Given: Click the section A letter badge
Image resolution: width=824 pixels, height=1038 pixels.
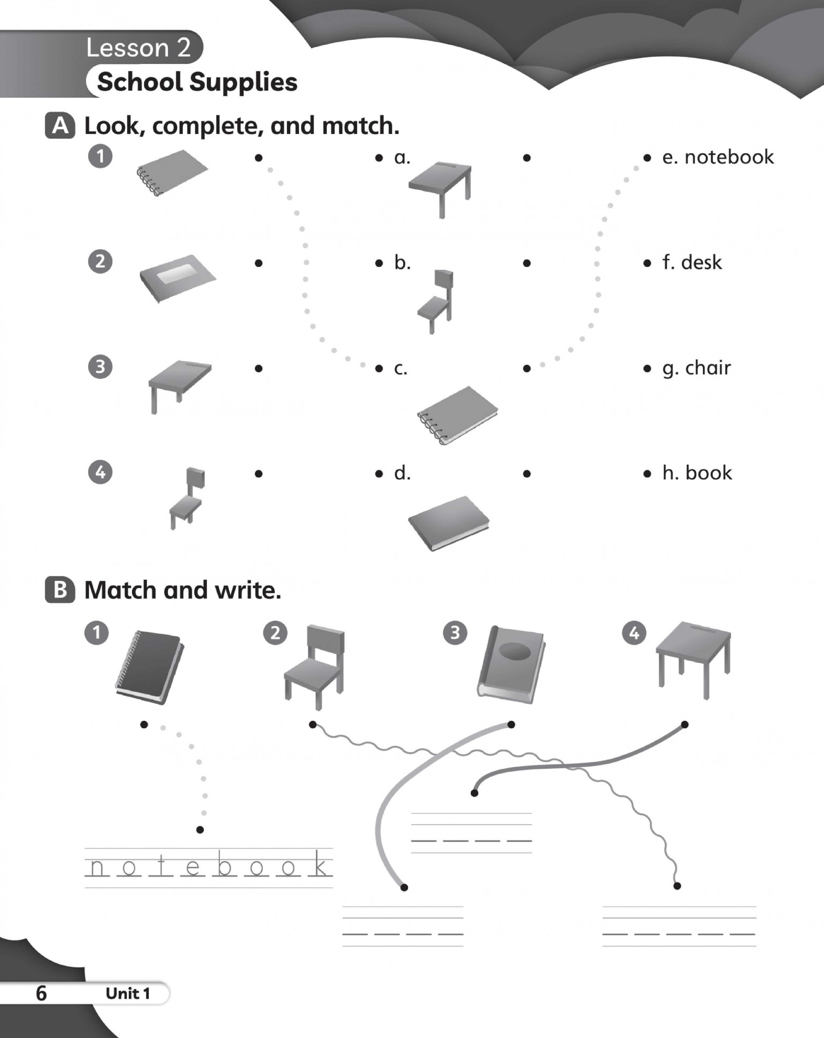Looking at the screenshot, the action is tap(60, 126).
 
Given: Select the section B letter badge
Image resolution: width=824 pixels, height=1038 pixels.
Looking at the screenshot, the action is tap(60, 590).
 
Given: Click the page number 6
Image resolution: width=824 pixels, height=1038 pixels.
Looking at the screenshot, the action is tap(41, 993).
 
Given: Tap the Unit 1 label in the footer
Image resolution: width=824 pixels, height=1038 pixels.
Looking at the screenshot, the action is tap(128, 993).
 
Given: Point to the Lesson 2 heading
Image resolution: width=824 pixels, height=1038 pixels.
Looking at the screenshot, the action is tap(139, 48).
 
